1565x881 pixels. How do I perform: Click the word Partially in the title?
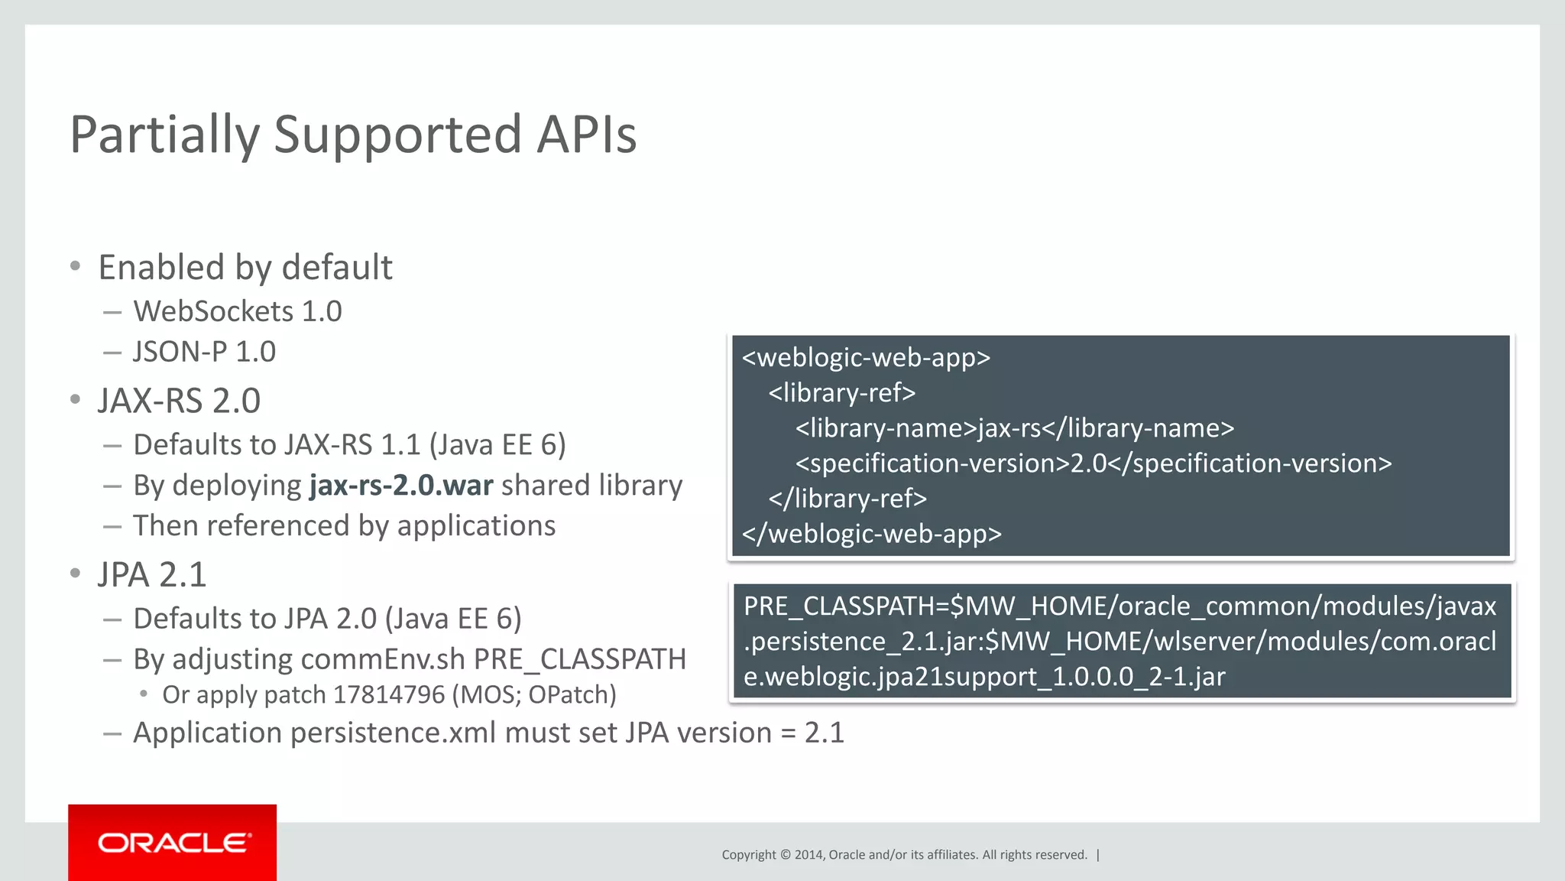click(x=164, y=135)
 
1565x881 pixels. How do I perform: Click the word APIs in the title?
click(x=586, y=135)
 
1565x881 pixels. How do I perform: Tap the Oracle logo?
click(x=173, y=843)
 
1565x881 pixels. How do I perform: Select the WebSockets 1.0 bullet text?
click(x=237, y=311)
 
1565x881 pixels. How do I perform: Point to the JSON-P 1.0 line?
click(x=204, y=352)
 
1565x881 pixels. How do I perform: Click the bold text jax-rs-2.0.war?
click(x=401, y=486)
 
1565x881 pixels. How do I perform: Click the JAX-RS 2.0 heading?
click(x=179, y=401)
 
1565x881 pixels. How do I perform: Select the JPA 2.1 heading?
click(x=152, y=574)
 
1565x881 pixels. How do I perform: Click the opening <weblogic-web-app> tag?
click(x=866, y=357)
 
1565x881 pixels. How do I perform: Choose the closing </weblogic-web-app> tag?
click(x=871, y=533)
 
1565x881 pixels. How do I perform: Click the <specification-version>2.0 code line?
click(x=1093, y=463)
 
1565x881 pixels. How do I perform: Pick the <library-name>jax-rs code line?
click(x=1014, y=427)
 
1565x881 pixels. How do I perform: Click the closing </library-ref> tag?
click(x=847, y=498)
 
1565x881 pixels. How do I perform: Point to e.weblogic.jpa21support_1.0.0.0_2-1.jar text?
click(x=984, y=676)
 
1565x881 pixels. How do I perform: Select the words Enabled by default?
click(x=245, y=268)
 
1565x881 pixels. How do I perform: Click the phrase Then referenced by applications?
click(x=344, y=526)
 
